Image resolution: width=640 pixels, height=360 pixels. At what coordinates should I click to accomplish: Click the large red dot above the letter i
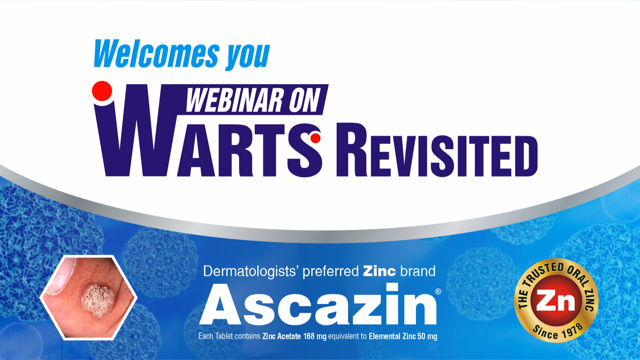[x=102, y=91]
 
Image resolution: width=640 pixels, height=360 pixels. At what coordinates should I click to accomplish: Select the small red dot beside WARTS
[x=315, y=138]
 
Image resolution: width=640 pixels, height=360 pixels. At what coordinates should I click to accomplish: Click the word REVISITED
[x=437, y=150]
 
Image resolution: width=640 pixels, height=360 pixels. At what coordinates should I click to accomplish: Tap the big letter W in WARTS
[x=140, y=130]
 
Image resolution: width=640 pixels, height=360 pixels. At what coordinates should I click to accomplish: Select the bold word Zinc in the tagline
[x=379, y=271]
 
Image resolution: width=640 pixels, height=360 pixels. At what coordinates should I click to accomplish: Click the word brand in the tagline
[x=418, y=271]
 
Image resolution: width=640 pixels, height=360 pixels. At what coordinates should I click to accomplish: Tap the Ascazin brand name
[x=318, y=304]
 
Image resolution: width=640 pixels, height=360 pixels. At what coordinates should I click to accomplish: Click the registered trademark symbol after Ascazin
[x=438, y=292]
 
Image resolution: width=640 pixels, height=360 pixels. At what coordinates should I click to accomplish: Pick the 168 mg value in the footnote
[x=315, y=336]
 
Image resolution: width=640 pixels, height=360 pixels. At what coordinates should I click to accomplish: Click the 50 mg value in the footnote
[x=427, y=336]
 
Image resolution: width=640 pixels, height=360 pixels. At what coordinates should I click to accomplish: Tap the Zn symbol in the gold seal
[x=556, y=301]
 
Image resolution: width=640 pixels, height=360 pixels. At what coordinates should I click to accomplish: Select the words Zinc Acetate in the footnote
[x=282, y=336]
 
